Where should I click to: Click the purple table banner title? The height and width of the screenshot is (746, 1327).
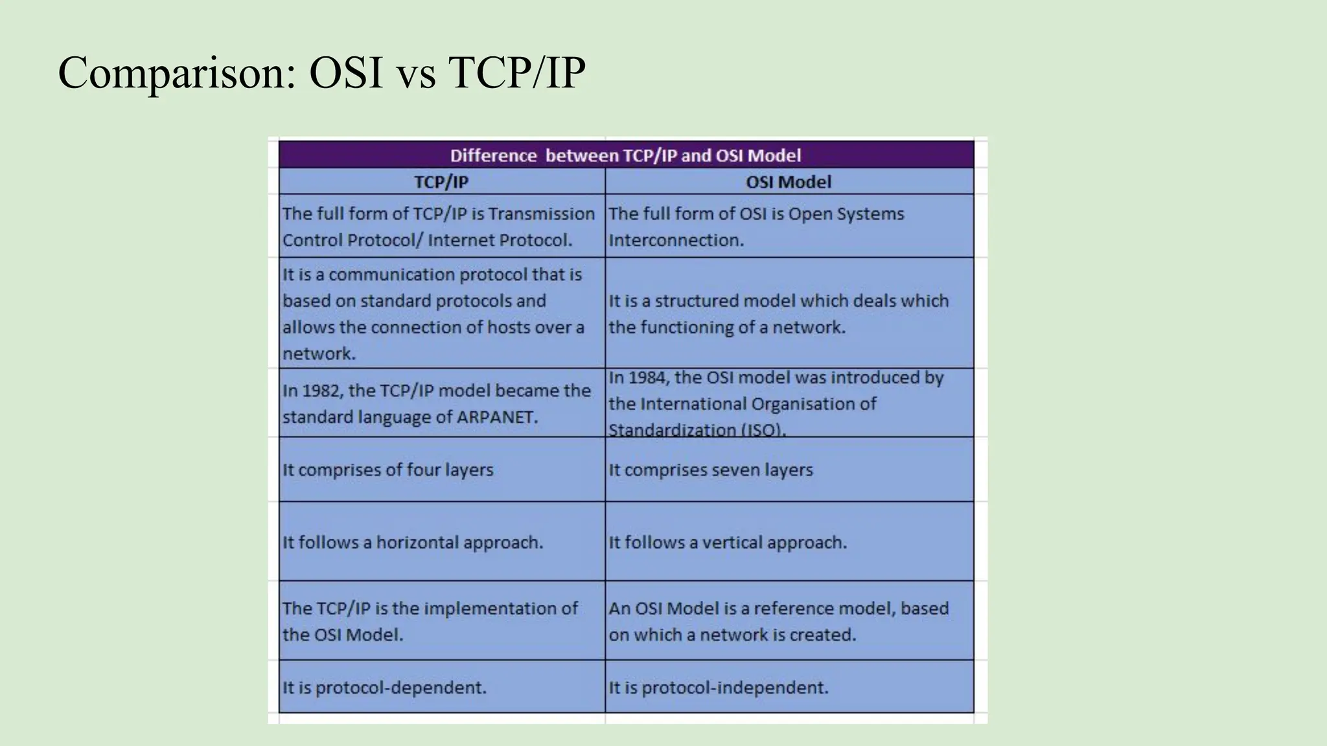625,155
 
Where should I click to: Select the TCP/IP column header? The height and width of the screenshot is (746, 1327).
441,182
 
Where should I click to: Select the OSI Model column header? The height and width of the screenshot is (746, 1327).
788,182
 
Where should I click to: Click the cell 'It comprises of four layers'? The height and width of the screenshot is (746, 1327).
387,470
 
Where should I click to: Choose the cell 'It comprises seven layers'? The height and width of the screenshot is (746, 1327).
710,470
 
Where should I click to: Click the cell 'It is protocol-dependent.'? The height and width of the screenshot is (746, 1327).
384,688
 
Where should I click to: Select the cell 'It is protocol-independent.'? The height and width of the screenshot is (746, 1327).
718,688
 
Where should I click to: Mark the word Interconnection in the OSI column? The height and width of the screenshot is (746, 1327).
676,240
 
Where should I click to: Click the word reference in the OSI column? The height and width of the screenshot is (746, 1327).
790,609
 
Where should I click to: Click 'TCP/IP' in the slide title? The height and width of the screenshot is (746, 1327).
516,73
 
